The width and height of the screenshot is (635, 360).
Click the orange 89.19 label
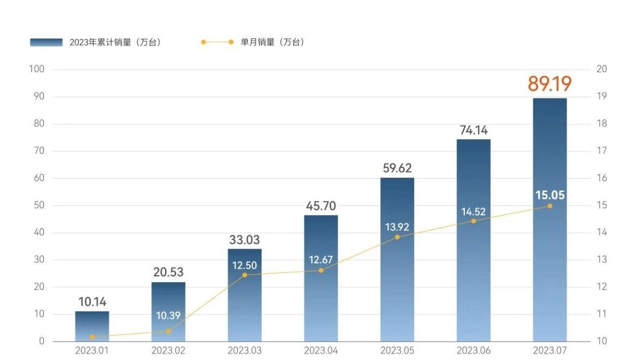point(549,84)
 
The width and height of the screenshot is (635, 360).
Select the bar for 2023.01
point(92,326)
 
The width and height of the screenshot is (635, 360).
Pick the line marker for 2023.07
point(550,206)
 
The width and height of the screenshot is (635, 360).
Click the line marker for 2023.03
point(245,275)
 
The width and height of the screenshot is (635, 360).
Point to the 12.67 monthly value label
point(321,260)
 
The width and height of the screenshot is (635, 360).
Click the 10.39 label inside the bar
point(169,316)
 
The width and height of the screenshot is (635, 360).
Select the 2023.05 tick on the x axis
point(397,351)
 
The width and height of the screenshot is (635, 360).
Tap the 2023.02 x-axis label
point(168,351)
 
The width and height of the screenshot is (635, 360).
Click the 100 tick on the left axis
point(37,69)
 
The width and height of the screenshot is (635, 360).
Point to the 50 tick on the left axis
point(40,205)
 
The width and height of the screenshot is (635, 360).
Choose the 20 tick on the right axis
point(601,69)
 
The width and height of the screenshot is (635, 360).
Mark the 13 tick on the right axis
point(601,260)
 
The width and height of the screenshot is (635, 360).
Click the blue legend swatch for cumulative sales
point(46,42)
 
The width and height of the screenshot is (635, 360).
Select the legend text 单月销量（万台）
point(273,42)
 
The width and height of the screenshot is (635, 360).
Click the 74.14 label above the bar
point(473,130)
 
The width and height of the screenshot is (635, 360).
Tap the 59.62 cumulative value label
point(397,168)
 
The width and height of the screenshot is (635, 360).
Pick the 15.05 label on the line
point(550,195)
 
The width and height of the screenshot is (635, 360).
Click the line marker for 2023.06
point(473,221)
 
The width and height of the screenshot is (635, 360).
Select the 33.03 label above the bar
point(244,240)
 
